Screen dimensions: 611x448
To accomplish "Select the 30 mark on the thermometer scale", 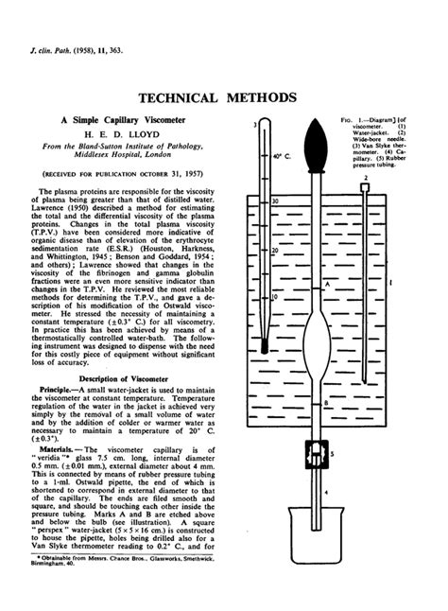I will pos(274,201).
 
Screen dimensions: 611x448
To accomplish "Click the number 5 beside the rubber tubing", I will pos(346,455).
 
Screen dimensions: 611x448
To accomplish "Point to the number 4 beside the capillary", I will pos(328,518).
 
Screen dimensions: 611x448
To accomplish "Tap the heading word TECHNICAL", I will pos(181,98).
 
